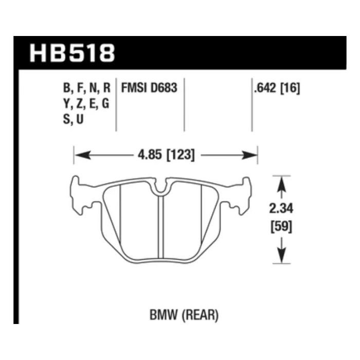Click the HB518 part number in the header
click(x=72, y=53)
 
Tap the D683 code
click(x=164, y=88)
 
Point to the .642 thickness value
click(x=266, y=88)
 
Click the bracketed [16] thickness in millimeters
click(x=291, y=88)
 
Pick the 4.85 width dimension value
click(x=150, y=155)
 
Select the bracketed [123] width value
click(x=180, y=155)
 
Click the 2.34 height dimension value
click(x=281, y=209)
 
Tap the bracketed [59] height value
click(x=281, y=227)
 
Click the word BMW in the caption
click(x=164, y=315)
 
